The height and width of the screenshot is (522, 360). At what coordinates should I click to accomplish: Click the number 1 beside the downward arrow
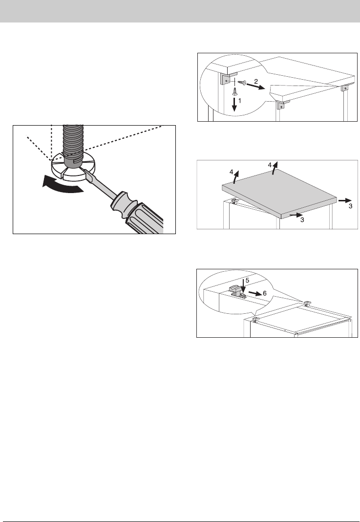point(240,100)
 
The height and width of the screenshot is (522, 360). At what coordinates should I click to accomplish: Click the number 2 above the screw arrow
point(256,81)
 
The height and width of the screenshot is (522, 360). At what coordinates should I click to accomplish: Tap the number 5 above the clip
point(247,281)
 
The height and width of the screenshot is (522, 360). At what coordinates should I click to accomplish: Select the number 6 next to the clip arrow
point(265,294)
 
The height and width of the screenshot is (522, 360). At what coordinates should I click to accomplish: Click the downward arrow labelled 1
point(234,105)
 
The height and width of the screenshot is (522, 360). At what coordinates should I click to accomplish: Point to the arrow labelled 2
point(255,87)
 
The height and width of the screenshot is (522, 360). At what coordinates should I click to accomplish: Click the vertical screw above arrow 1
point(235,90)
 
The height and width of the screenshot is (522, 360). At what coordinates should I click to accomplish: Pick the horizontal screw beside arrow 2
point(242,82)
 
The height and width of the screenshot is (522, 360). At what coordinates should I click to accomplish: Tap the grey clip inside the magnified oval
point(236,291)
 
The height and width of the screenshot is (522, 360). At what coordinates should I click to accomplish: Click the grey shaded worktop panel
point(280,193)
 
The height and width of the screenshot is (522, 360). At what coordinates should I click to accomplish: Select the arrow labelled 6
point(255,293)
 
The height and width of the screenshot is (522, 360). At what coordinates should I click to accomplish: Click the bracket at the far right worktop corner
point(345,87)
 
